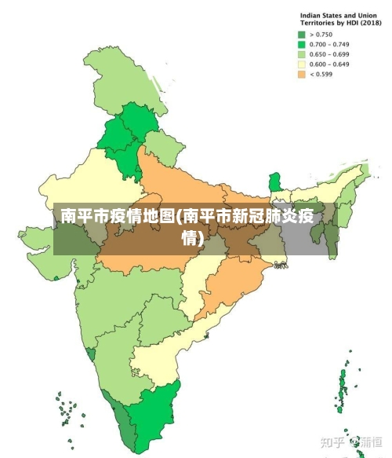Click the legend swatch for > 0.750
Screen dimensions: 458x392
pyautogui.click(x=301, y=35)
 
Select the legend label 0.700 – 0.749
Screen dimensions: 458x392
pyautogui.click(x=328, y=45)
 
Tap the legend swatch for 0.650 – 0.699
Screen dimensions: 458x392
pyautogui.click(x=301, y=55)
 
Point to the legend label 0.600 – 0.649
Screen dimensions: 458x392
pyautogui.click(x=328, y=64)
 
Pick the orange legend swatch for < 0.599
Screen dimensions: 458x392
pyautogui.click(x=301, y=75)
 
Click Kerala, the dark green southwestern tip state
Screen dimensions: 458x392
pyautogui.click(x=125, y=424)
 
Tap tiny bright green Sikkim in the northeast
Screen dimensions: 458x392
pyautogui.click(x=274, y=183)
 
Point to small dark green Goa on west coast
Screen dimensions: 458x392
pyautogui.click(x=92, y=354)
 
